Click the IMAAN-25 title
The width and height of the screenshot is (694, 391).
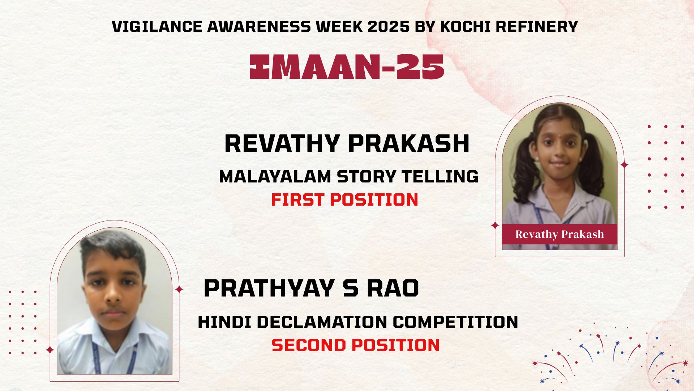(x=347, y=67)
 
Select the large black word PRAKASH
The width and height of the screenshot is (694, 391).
(x=409, y=143)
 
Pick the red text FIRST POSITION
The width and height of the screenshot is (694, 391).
(x=344, y=200)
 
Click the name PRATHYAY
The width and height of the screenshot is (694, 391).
(x=269, y=289)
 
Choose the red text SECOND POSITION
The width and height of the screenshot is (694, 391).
(x=356, y=345)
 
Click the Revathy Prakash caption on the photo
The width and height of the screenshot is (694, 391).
(x=560, y=234)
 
